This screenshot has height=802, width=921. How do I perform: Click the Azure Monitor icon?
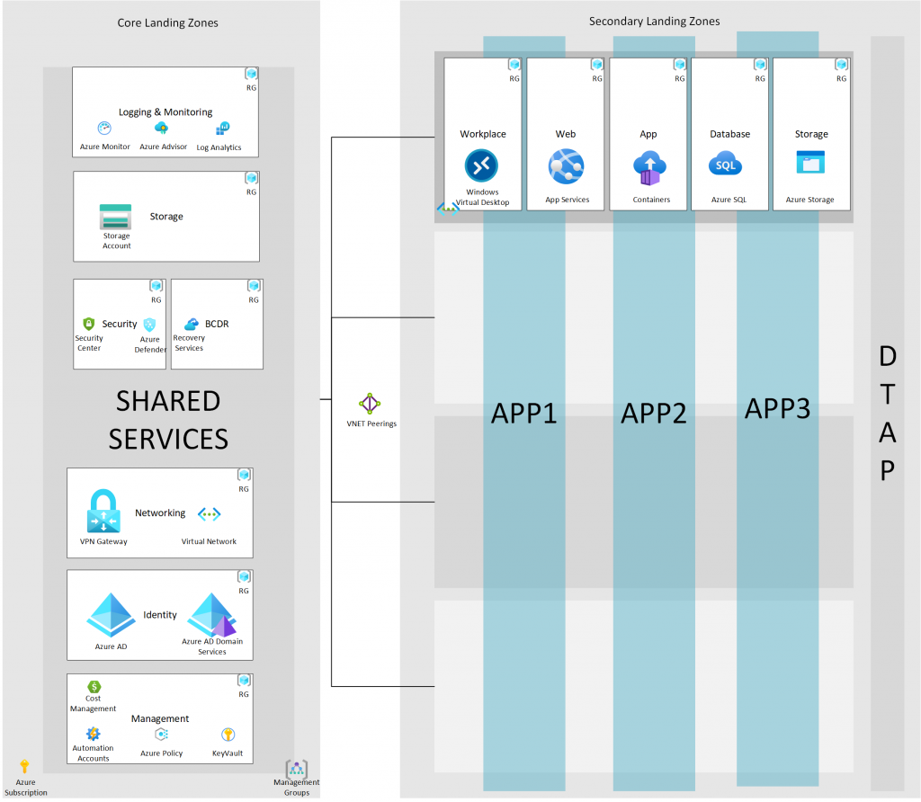click(x=104, y=128)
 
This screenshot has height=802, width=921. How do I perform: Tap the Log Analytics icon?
click(x=223, y=129)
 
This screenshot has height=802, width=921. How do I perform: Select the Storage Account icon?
click(x=116, y=217)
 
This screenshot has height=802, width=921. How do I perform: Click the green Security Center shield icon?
click(x=89, y=324)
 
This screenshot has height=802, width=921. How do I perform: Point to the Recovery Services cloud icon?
click(x=192, y=324)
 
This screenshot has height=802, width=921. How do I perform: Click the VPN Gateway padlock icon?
click(x=103, y=511)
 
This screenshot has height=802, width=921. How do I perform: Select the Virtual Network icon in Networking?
click(x=209, y=514)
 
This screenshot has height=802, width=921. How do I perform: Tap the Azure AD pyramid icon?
click(x=111, y=615)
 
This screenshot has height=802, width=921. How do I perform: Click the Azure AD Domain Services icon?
click(x=212, y=615)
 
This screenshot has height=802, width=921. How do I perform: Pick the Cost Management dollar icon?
click(x=94, y=686)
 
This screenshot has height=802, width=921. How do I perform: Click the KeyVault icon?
click(x=228, y=735)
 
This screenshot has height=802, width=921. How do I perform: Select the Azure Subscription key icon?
click(x=24, y=766)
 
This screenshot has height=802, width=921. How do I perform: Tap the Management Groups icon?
click(x=297, y=769)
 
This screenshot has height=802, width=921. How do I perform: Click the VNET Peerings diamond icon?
click(x=370, y=404)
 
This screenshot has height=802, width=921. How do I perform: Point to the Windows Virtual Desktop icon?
click(x=482, y=165)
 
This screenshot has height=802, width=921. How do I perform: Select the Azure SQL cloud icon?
click(x=726, y=165)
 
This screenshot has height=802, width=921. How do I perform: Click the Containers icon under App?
click(x=649, y=168)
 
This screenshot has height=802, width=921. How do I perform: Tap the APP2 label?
click(x=654, y=414)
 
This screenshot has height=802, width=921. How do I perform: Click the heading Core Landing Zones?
click(x=167, y=22)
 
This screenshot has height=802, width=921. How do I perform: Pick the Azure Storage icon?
click(x=810, y=162)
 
